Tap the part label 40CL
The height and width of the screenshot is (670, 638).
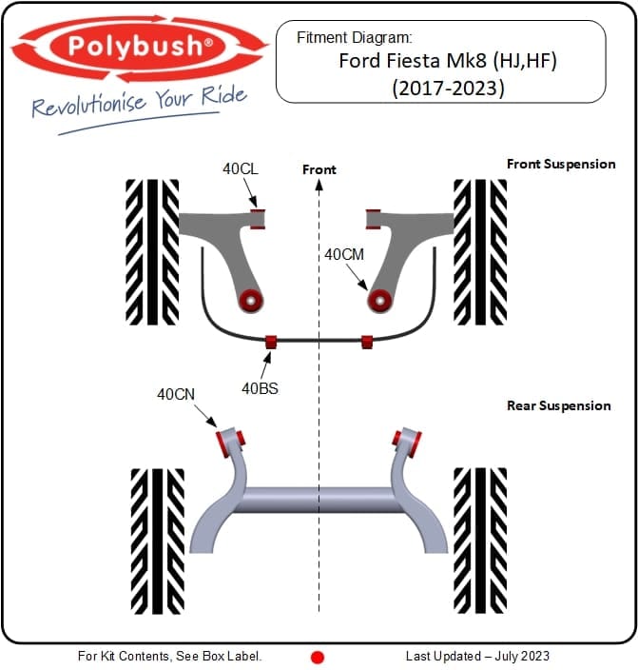[x=241, y=169]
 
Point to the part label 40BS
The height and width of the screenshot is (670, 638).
[x=260, y=387]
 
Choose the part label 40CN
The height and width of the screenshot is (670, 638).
[x=176, y=392]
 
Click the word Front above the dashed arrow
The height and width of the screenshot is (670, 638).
[x=319, y=169]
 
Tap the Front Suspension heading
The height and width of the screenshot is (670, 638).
[x=560, y=164]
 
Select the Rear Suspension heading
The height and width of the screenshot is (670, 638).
[x=559, y=405]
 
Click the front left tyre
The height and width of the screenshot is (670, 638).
[x=152, y=251]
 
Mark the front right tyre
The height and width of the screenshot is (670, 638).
[x=480, y=251]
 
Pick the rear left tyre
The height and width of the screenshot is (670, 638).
[x=157, y=541]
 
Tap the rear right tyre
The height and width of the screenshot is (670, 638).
[x=480, y=541]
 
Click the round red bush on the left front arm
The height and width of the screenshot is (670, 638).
[x=251, y=301]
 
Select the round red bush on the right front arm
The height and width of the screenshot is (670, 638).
[x=380, y=301]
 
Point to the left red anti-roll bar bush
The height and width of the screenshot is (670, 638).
[x=271, y=341]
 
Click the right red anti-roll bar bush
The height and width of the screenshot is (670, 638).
[x=367, y=341]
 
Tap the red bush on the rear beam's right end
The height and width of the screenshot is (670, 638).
[x=407, y=439]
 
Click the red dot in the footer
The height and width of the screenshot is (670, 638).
[x=319, y=657]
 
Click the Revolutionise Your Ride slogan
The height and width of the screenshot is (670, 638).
[x=139, y=103]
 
